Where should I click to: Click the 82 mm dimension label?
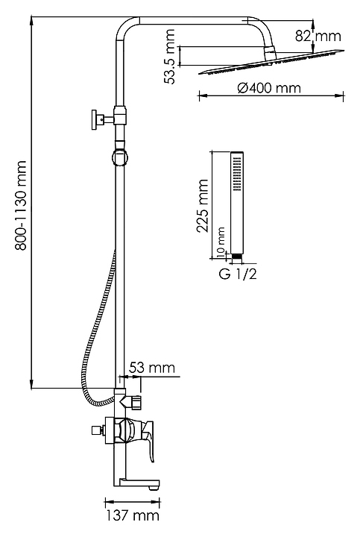point(318,36)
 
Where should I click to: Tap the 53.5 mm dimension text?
point(169,57)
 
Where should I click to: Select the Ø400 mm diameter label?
point(269,88)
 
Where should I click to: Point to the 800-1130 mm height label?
point(21,206)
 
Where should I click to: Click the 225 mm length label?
point(202,206)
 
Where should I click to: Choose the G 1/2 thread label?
point(238,274)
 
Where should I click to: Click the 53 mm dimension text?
point(151,368)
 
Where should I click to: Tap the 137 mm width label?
point(132,515)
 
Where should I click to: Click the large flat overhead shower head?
point(271,63)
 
